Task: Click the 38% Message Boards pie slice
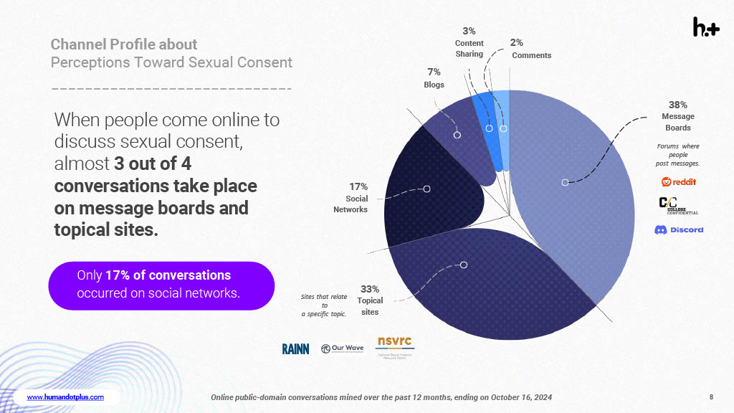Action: click(573, 194)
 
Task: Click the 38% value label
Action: click(677, 105)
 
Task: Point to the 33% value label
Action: click(370, 289)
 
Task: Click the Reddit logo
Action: click(678, 181)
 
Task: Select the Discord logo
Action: click(678, 229)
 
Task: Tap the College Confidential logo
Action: click(678, 205)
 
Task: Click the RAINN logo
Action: click(295, 348)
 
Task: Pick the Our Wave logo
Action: click(342, 348)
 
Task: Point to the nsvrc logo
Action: click(395, 346)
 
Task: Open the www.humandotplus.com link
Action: click(65, 397)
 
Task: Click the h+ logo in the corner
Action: click(705, 27)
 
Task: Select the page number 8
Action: click(710, 397)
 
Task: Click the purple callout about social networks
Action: click(161, 285)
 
